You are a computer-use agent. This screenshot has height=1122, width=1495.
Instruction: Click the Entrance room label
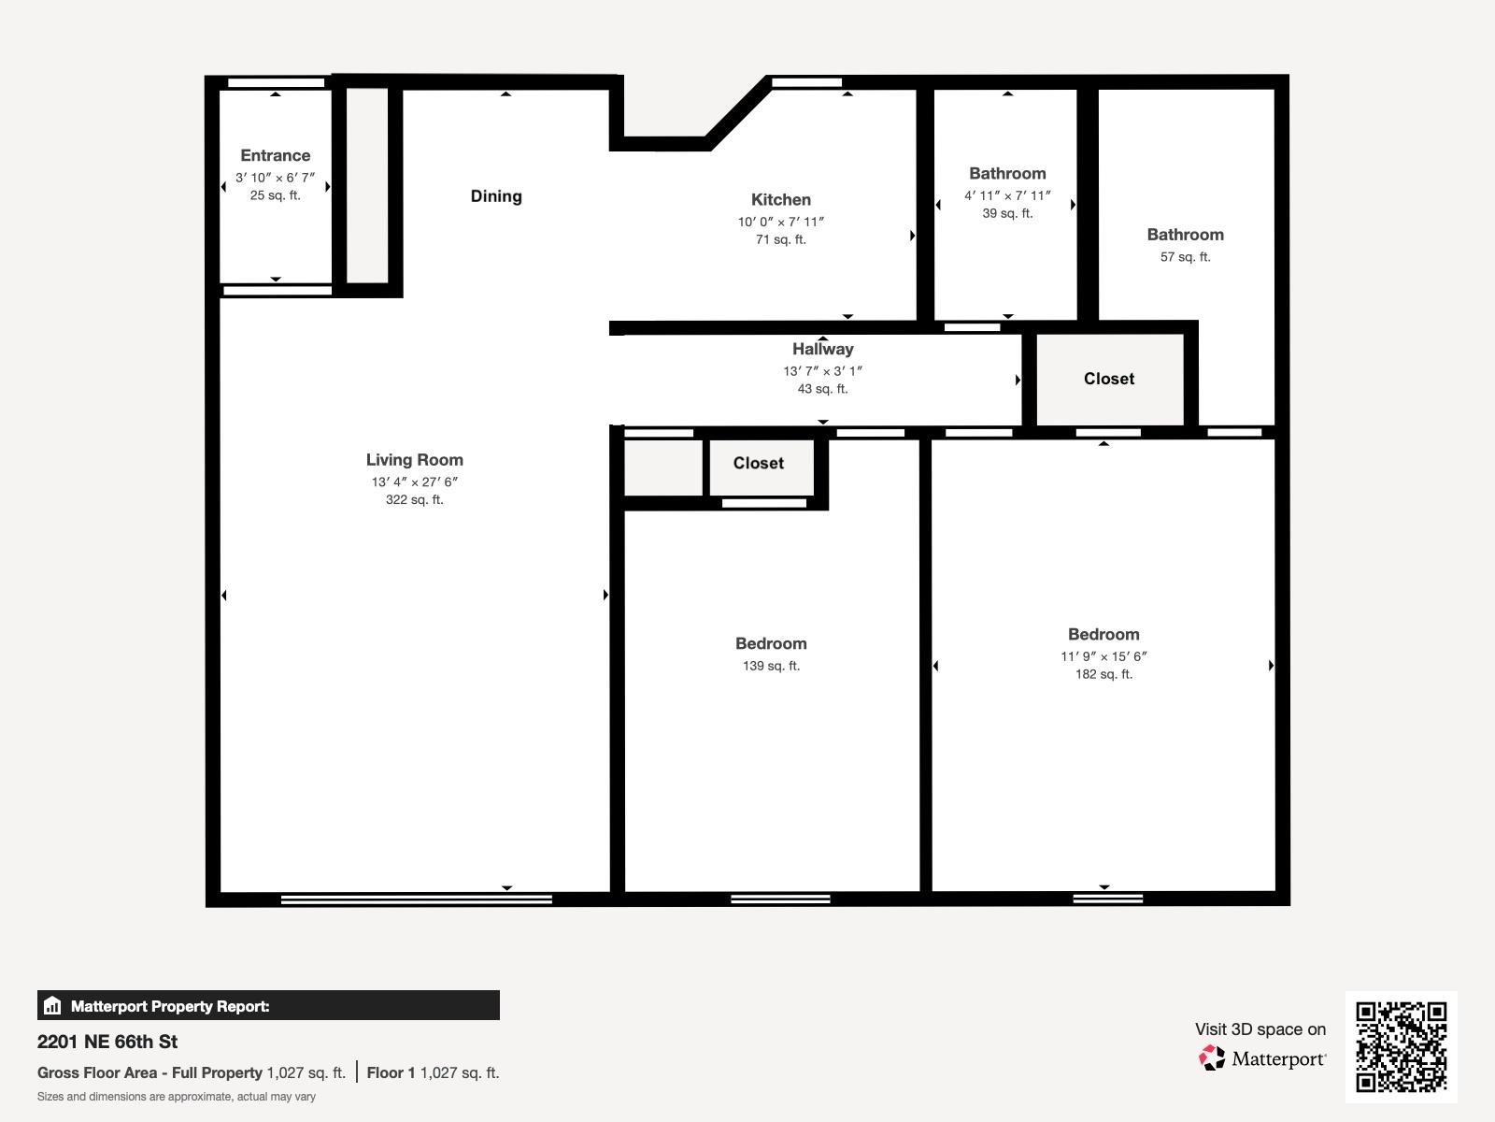tap(275, 155)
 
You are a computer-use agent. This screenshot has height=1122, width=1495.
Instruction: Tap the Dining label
tap(496, 195)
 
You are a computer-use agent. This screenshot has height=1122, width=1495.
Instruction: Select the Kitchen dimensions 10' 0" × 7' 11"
tap(781, 222)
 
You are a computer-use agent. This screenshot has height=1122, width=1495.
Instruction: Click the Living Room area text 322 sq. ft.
tap(414, 499)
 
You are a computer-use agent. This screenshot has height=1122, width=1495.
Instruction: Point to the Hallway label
tap(822, 349)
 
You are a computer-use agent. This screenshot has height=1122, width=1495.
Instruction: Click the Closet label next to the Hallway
tap(1109, 379)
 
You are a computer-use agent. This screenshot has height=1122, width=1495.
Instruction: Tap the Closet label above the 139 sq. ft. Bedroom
tap(758, 463)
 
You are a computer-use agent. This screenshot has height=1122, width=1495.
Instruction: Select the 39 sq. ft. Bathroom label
tap(1007, 173)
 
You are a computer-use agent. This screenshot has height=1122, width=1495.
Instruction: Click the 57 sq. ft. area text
tap(1185, 256)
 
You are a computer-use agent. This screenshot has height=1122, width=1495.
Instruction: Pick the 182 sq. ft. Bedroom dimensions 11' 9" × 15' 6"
tap(1103, 656)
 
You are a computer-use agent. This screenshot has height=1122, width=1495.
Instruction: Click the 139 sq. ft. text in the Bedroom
tap(771, 666)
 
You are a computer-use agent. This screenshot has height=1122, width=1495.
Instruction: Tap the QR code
tap(1401, 1046)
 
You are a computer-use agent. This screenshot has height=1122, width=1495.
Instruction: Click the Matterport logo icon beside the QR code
tap(1212, 1058)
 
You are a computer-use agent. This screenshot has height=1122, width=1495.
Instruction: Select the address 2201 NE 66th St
tap(107, 1042)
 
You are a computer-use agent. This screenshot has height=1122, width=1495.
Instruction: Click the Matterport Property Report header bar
tap(268, 1006)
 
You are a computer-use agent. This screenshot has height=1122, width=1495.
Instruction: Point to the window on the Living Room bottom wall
tap(416, 899)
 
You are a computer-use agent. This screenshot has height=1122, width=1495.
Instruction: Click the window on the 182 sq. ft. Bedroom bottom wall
tap(1107, 899)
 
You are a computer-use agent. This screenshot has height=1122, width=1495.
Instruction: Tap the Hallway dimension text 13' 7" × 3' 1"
tap(822, 370)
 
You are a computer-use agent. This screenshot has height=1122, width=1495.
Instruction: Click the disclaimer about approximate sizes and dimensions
tap(177, 1097)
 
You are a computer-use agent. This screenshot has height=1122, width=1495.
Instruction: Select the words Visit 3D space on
tap(1260, 1028)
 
